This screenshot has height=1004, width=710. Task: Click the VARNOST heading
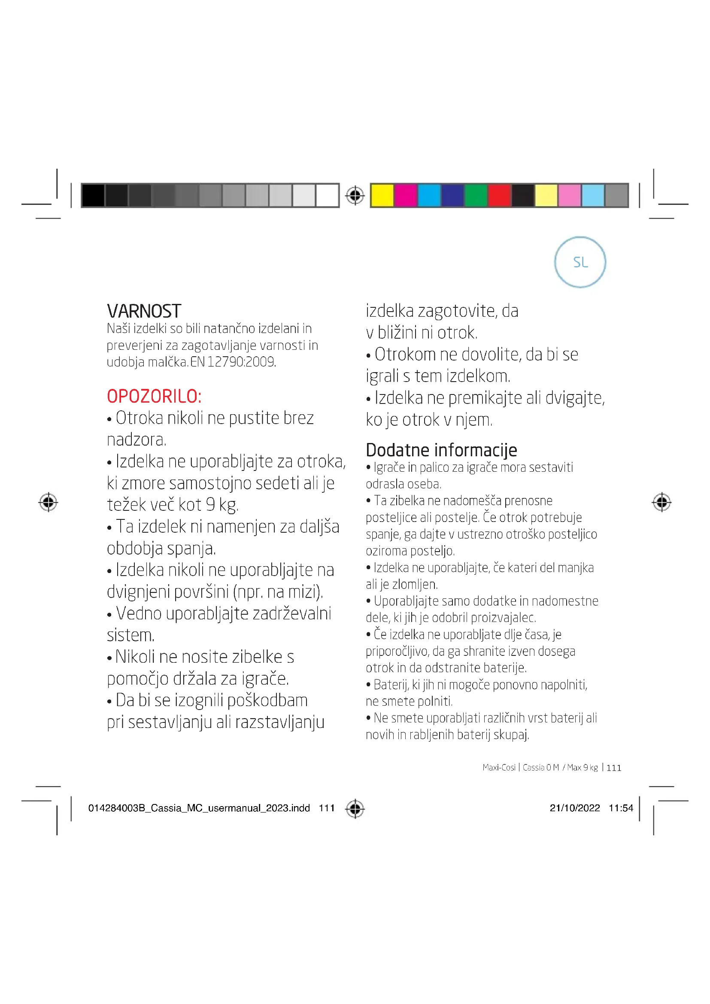(x=144, y=311)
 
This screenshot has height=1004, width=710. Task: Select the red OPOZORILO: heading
(x=154, y=397)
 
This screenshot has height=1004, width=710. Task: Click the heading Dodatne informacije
(x=441, y=450)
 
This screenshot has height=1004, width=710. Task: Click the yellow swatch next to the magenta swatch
(x=382, y=195)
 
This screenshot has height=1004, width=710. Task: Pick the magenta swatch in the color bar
(x=405, y=195)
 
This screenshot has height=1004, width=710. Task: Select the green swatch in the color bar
(x=476, y=195)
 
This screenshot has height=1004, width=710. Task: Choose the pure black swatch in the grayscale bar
(x=93, y=195)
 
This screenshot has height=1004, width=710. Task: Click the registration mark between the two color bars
(x=355, y=195)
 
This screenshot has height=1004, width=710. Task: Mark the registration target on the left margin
(x=48, y=502)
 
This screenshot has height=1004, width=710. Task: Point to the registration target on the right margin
(x=661, y=502)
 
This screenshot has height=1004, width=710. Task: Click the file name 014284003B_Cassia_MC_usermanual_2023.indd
(x=199, y=808)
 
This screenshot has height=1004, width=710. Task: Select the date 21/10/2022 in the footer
(x=574, y=808)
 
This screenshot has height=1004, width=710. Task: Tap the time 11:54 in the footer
(x=620, y=808)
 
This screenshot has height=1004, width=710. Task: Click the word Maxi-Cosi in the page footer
(x=499, y=767)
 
